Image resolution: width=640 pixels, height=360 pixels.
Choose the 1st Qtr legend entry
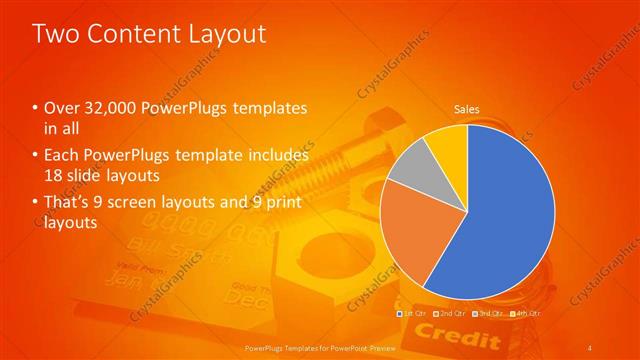click(x=413, y=313)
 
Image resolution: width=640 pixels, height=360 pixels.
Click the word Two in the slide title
click(x=57, y=35)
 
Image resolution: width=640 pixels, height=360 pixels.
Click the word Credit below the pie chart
click(x=443, y=331)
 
